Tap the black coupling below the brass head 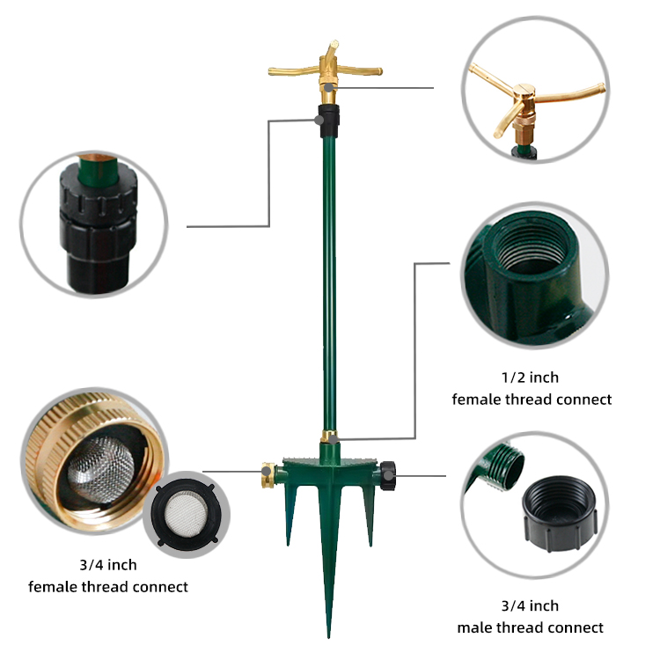point(329,121)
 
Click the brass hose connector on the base point(268,475)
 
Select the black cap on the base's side point(388,475)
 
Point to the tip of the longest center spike point(329,637)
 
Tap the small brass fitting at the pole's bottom point(329,436)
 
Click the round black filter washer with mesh point(186,515)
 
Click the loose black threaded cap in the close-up point(560,512)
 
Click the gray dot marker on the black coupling point(319,121)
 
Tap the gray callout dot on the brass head point(329,88)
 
